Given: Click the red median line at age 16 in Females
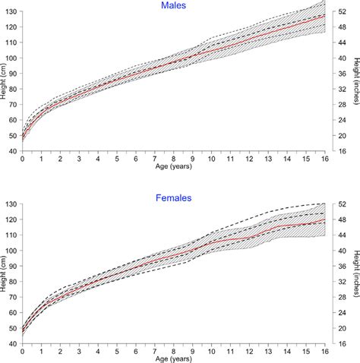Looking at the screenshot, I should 325,220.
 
